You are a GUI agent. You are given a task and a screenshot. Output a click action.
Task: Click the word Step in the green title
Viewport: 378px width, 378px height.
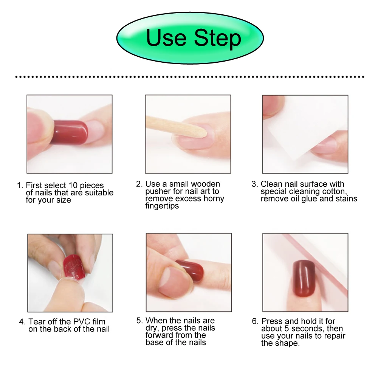pyautogui.click(x=217, y=39)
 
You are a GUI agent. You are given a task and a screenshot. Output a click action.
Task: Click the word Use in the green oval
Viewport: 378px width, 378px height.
pyautogui.click(x=166, y=38)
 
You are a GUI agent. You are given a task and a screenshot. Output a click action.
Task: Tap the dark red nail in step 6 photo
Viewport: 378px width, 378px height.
pyautogui.click(x=304, y=279)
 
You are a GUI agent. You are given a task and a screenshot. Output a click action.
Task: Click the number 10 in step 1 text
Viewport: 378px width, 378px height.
pyautogui.click(x=73, y=185)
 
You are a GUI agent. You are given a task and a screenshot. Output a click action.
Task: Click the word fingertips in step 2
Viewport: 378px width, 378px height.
pyautogui.click(x=162, y=206)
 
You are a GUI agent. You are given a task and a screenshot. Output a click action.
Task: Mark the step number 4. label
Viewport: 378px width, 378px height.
pyautogui.click(x=22, y=322)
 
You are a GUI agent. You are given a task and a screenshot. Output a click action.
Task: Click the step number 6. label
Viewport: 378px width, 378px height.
pyautogui.click(x=255, y=321)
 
